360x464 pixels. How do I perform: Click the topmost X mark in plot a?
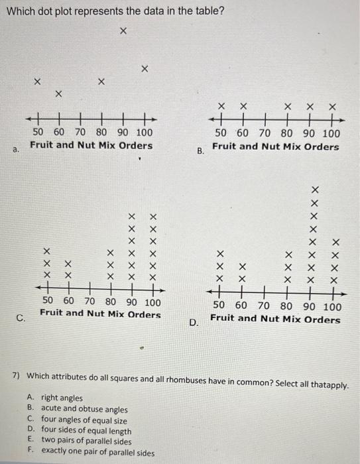[x=123, y=31]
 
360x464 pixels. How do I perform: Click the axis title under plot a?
[x=91, y=145]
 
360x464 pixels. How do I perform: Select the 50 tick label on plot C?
[x=48, y=302]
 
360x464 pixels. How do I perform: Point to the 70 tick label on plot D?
[x=263, y=306]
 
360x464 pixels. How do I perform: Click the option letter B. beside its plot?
[x=201, y=152]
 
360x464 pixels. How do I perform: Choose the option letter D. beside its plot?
[x=194, y=323]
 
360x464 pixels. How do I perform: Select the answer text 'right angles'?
[x=62, y=398]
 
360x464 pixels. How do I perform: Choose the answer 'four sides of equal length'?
[x=86, y=430]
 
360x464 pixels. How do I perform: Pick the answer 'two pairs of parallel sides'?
[x=87, y=440]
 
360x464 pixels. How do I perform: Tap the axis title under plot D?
[x=275, y=319]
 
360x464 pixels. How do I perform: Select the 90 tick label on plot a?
[x=124, y=133]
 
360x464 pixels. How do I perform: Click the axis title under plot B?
[x=275, y=146]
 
